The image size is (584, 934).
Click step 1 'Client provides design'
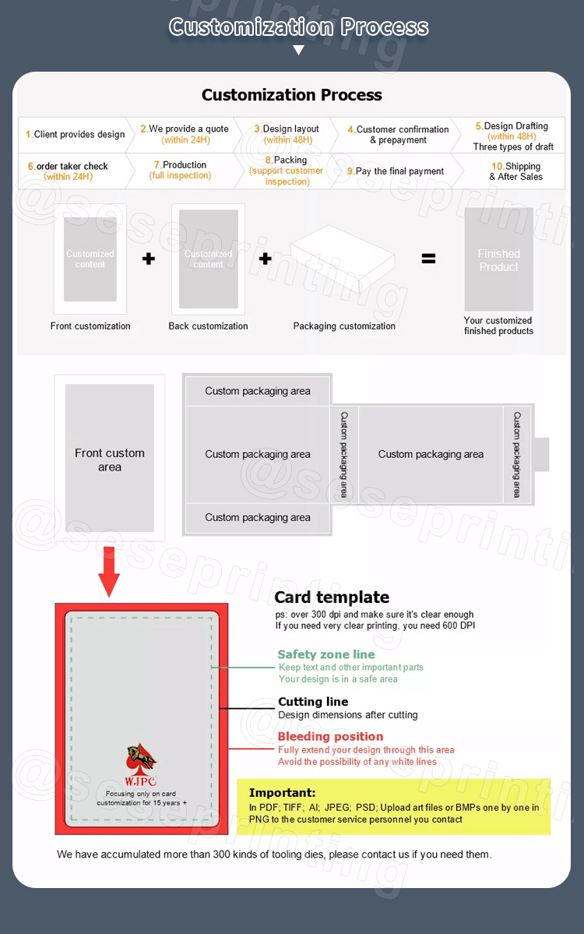(75, 135)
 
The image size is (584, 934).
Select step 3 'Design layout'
(287, 134)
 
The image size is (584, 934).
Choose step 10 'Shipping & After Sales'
(515, 171)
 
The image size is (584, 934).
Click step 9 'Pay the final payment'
(396, 171)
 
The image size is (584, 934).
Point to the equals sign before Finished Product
(428, 259)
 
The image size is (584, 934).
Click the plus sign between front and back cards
(149, 259)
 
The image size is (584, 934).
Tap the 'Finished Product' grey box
(498, 260)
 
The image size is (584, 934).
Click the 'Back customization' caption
(208, 326)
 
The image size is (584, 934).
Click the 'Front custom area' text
(110, 460)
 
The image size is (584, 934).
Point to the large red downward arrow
(110, 573)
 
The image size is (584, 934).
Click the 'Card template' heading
(332, 597)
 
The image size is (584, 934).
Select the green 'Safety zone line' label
(326, 655)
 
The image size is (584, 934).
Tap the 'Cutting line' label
(313, 702)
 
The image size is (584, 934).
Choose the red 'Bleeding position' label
(330, 737)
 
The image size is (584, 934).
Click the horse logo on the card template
(141, 758)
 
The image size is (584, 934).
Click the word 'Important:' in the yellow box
(282, 793)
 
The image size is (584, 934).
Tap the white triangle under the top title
(298, 51)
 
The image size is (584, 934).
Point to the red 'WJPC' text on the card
(141, 781)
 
